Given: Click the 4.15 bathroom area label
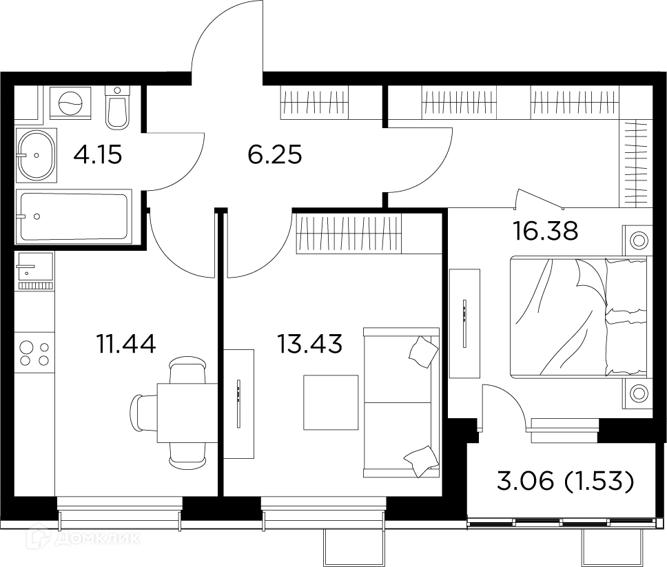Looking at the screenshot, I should (x=98, y=155).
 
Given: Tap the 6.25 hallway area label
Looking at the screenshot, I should (x=275, y=155).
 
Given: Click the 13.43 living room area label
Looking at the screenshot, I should (x=309, y=342).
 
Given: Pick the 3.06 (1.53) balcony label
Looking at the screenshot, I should (x=564, y=482).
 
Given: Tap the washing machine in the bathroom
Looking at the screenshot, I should (x=71, y=105).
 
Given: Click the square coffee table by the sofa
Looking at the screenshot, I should (x=331, y=402).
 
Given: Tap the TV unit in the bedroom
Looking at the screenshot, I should (x=464, y=322).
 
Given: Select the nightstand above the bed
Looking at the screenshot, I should (x=638, y=240).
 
